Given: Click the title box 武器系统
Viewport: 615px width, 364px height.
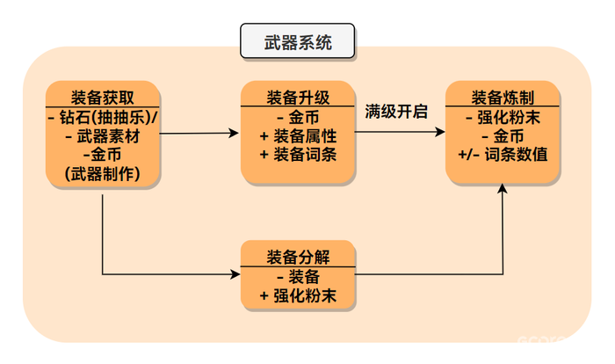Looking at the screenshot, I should click(x=298, y=42).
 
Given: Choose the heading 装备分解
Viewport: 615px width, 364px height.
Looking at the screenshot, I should click(x=299, y=257).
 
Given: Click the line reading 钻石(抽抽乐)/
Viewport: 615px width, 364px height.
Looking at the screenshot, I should click(x=103, y=118).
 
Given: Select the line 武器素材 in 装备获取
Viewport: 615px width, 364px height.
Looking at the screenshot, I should click(x=103, y=137).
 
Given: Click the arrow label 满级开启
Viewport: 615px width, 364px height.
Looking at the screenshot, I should click(x=396, y=113).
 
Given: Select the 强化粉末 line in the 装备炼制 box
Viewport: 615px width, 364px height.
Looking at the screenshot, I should click(x=503, y=118).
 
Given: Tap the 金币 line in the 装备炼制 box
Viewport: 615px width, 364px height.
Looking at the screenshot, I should click(x=503, y=136).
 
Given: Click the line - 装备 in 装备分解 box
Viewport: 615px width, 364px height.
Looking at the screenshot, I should click(x=299, y=278).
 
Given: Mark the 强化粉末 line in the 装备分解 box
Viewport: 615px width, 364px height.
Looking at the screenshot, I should click(x=299, y=296).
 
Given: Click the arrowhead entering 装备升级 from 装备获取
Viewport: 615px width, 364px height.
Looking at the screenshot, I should click(x=235, y=134).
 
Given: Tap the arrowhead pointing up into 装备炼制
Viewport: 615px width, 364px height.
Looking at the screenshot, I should click(x=504, y=190).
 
